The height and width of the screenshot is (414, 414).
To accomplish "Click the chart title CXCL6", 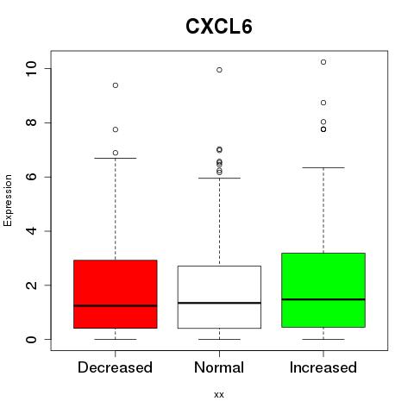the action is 219,27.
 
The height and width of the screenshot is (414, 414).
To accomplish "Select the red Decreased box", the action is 116,294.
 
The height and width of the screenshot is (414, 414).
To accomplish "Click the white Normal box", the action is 219,297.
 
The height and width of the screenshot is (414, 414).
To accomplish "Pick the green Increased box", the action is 323,290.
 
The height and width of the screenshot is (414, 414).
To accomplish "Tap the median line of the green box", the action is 323,299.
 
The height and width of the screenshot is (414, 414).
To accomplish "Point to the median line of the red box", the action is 116,305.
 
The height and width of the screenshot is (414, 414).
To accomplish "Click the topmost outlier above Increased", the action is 323,62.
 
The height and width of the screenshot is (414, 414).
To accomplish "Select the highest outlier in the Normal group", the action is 219,70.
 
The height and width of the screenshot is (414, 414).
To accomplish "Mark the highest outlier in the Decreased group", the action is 116,85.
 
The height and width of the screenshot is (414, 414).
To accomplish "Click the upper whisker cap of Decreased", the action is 116,158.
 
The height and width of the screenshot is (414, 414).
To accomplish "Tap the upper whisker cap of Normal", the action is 219,178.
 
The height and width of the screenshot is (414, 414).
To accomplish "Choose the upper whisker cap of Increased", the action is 323,167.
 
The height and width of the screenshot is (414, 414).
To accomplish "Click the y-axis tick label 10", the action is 31,68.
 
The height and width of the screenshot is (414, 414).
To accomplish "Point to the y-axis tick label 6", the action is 31,177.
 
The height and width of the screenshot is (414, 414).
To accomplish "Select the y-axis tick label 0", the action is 31,339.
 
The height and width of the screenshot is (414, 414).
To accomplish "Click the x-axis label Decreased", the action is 115,367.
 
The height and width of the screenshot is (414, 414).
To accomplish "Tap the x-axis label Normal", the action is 219,367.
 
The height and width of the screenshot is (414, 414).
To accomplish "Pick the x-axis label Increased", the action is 323,367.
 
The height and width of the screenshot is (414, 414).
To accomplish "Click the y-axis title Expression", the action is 8,200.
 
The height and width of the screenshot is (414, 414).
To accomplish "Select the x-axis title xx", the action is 219,394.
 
